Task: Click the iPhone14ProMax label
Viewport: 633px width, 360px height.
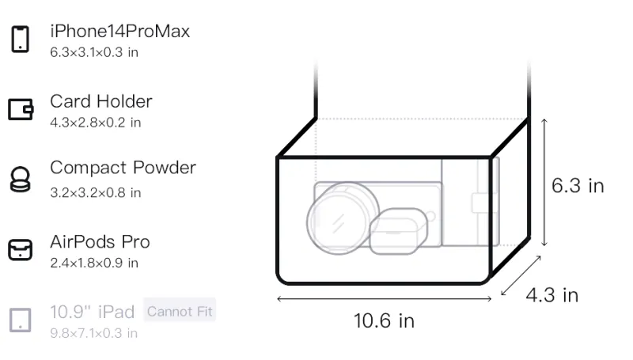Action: (120, 31)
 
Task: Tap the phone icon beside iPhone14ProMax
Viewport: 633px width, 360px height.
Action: (21, 39)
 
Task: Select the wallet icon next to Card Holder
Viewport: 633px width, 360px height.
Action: (21, 109)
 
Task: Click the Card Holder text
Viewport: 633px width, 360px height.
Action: (101, 101)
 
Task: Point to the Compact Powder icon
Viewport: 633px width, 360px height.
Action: (21, 179)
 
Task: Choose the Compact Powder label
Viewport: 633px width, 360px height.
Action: (123, 168)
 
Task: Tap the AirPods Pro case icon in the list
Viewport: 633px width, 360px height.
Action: (21, 250)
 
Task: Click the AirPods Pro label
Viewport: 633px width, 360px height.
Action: (100, 242)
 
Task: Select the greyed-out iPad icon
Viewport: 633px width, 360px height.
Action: (21, 320)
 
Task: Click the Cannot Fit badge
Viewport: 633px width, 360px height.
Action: (180, 311)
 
